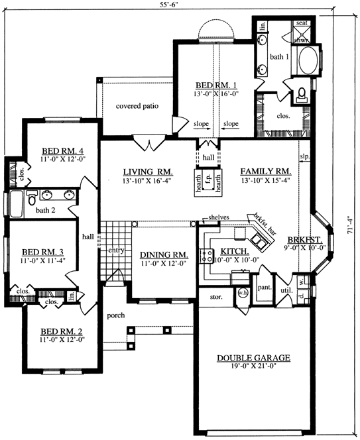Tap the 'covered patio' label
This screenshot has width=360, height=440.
[x=137, y=105]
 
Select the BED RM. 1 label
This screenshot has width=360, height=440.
[x=217, y=85]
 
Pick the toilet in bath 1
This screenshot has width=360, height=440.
[x=302, y=93]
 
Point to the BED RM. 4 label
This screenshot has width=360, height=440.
[x=58, y=150]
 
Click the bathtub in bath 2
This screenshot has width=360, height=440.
[x=14, y=205]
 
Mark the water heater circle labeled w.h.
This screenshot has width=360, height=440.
[x=242, y=294]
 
